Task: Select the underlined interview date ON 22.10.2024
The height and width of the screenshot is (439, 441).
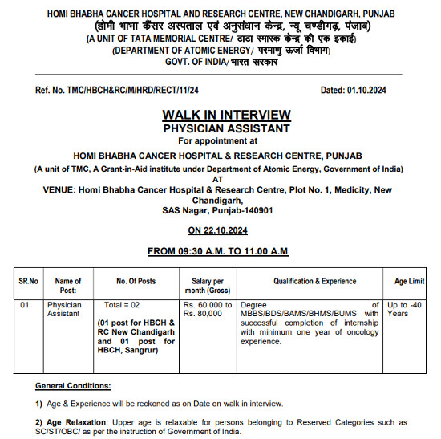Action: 218,230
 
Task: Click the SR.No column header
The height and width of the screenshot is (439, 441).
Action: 29,281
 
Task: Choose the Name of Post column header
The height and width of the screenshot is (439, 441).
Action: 68,286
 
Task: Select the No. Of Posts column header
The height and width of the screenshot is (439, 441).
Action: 136,281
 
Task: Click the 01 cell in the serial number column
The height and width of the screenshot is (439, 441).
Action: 25,305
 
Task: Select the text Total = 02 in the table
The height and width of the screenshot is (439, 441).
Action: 122,305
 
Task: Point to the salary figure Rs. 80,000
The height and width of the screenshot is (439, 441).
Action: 201,315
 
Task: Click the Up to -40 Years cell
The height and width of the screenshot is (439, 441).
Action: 406,310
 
